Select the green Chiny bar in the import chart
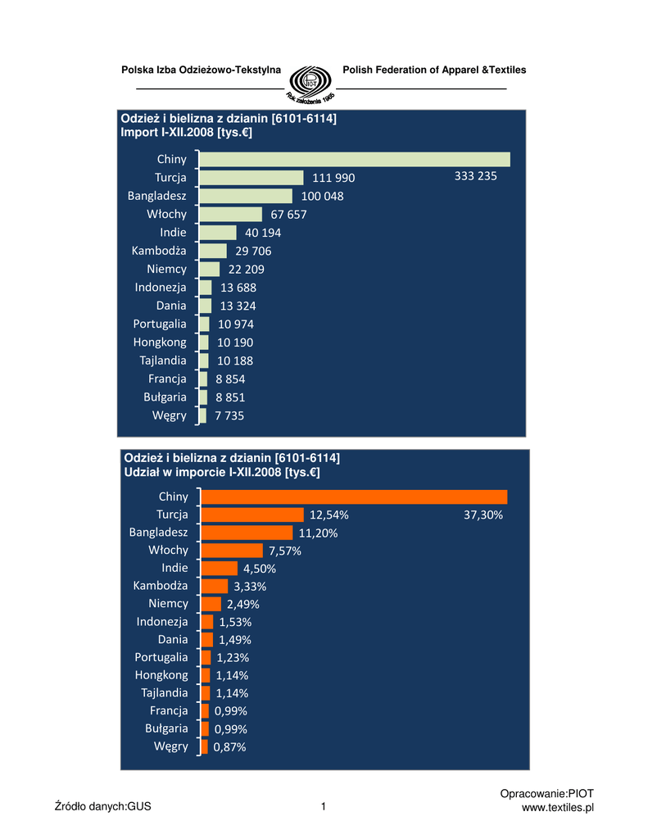(x=355, y=159)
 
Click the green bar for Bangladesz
(x=246, y=196)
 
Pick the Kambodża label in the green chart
(x=159, y=251)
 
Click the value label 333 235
(x=475, y=176)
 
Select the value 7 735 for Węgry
(x=229, y=416)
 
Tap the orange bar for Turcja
(x=252, y=515)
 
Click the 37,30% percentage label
(x=483, y=515)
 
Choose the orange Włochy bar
(x=232, y=551)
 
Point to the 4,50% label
(x=260, y=569)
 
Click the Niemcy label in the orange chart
(x=168, y=604)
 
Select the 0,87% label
(x=229, y=747)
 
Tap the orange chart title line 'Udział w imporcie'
(x=221, y=473)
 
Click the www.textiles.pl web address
(x=557, y=808)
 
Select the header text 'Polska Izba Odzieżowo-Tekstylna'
(x=201, y=70)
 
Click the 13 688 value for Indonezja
(x=238, y=288)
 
